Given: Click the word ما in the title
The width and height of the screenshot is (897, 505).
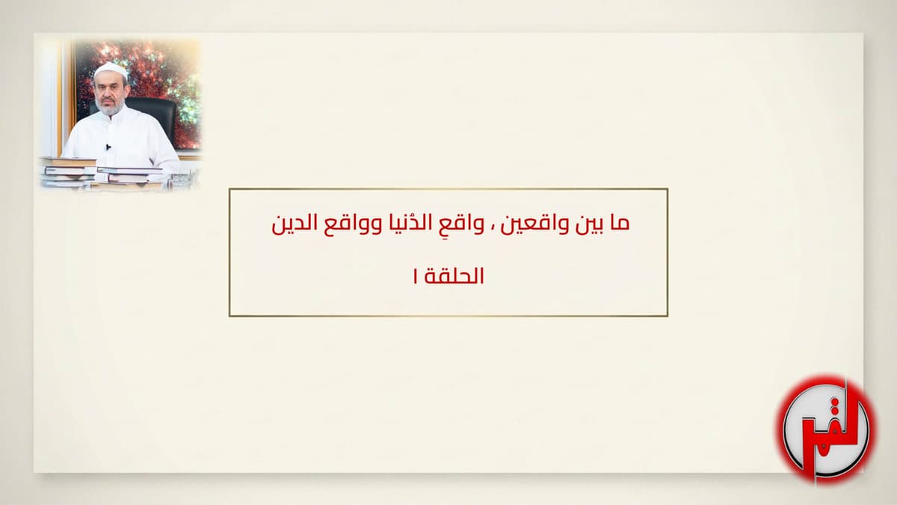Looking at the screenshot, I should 619,224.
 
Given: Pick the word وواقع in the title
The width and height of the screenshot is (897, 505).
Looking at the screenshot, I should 353,224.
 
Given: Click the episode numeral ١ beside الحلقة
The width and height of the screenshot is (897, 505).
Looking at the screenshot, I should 415,276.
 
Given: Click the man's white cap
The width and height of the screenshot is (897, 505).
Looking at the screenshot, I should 111,70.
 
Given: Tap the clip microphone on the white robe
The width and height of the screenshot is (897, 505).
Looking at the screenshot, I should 108,147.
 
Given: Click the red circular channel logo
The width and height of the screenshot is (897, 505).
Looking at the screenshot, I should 825,429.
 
